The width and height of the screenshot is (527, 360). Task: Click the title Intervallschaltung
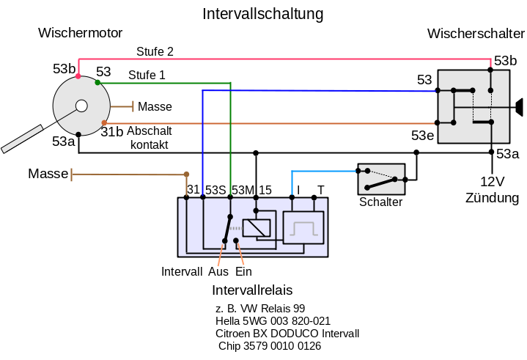coord(262,14)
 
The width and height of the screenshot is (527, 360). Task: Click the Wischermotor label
coord(80,33)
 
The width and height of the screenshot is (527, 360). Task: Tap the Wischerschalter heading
coord(476,34)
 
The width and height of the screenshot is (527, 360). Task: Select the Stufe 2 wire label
coord(155,51)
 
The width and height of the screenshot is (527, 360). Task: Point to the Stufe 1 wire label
coord(147,75)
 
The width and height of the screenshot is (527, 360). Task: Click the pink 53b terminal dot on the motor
coord(80,75)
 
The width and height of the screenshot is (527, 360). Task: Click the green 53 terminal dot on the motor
coord(97,83)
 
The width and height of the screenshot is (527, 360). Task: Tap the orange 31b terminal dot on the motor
coord(105,123)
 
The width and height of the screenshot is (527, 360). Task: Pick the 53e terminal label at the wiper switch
coord(421,136)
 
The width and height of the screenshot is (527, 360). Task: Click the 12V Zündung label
coord(491,189)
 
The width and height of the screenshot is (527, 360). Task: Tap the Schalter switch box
coord(380,179)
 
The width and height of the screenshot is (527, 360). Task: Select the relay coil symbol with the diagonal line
coord(256,227)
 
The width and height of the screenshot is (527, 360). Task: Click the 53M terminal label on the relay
coord(243,190)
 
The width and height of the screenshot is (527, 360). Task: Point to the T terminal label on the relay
coord(320,190)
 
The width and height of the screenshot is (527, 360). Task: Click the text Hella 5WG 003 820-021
coord(273,321)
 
